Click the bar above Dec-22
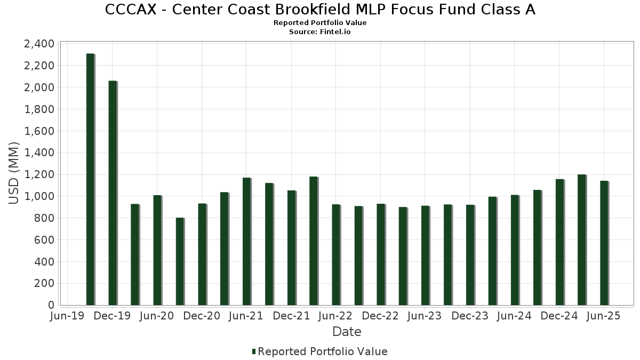coord(380,254)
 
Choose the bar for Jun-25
coord(604,243)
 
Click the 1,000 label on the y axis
coord(39,196)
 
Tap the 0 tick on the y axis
coord(51,305)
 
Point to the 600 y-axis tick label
coord(44,240)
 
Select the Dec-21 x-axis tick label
coord(291,316)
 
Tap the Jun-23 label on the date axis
coord(425,316)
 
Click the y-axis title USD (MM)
coord(14,173)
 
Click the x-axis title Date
coord(347,332)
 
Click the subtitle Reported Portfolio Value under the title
coord(320,23)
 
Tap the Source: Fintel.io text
coord(320,32)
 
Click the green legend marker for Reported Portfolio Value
coord(254,351)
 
